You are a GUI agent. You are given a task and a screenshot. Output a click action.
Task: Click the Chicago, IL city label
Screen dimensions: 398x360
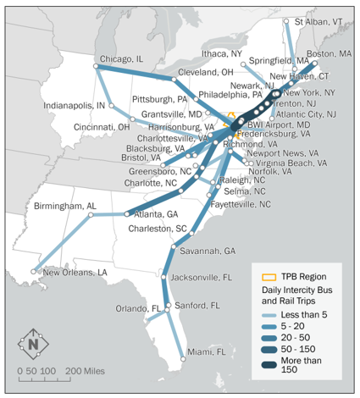click(122, 58)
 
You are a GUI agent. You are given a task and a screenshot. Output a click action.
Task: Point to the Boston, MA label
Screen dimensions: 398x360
click(330, 53)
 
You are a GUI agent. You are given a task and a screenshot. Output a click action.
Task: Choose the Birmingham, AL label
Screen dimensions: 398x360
click(65, 207)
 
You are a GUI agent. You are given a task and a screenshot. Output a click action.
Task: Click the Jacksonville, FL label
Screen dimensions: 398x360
click(202, 277)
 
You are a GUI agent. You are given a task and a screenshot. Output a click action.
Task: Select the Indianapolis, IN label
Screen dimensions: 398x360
click(75, 106)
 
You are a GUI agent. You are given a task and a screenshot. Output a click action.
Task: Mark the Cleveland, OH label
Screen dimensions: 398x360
click(205, 73)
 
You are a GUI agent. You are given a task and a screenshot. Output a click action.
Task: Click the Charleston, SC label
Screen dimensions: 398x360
click(158, 229)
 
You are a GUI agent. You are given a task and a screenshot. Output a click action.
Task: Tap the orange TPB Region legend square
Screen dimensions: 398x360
click(269, 276)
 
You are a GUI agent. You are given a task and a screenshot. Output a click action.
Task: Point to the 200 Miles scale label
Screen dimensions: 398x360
click(84, 371)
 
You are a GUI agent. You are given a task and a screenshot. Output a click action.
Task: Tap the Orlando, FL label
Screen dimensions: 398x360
click(139, 308)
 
